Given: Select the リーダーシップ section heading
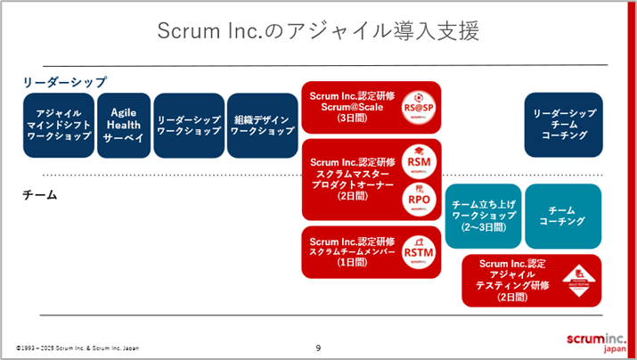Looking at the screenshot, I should pyautogui.click(x=65, y=82).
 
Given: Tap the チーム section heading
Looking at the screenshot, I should pyautogui.click(x=39, y=194).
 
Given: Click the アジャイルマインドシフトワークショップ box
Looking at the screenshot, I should pyautogui.click(x=58, y=126).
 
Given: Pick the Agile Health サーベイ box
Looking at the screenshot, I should pyautogui.click(x=123, y=126).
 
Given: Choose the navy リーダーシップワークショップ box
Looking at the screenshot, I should pyautogui.click(x=188, y=126).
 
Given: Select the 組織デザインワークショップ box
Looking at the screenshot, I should pyautogui.click(x=262, y=126).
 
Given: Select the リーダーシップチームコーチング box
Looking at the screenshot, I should pyautogui.click(x=564, y=126).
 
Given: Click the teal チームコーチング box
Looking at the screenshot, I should pyautogui.click(x=563, y=216).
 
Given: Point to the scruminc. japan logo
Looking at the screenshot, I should pyautogui.click(x=598, y=343).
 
